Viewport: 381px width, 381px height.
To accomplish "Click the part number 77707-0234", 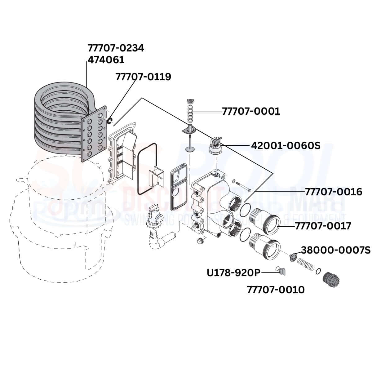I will pyautogui.click(x=116, y=48).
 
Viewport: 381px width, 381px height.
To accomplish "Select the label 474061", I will pyautogui.click(x=106, y=60).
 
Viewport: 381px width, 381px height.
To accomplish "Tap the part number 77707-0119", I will pyautogui.click(x=143, y=77).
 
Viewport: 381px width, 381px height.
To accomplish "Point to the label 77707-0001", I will pyautogui.click(x=251, y=111).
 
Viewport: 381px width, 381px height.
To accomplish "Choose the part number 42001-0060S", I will pyautogui.click(x=286, y=145).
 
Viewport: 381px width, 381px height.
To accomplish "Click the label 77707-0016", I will pyautogui.click(x=333, y=192).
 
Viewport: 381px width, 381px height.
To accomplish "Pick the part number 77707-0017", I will pyautogui.click(x=323, y=226).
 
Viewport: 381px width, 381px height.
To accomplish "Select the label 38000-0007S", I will pyautogui.click(x=336, y=250).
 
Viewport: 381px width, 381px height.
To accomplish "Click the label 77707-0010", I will pyautogui.click(x=276, y=290).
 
